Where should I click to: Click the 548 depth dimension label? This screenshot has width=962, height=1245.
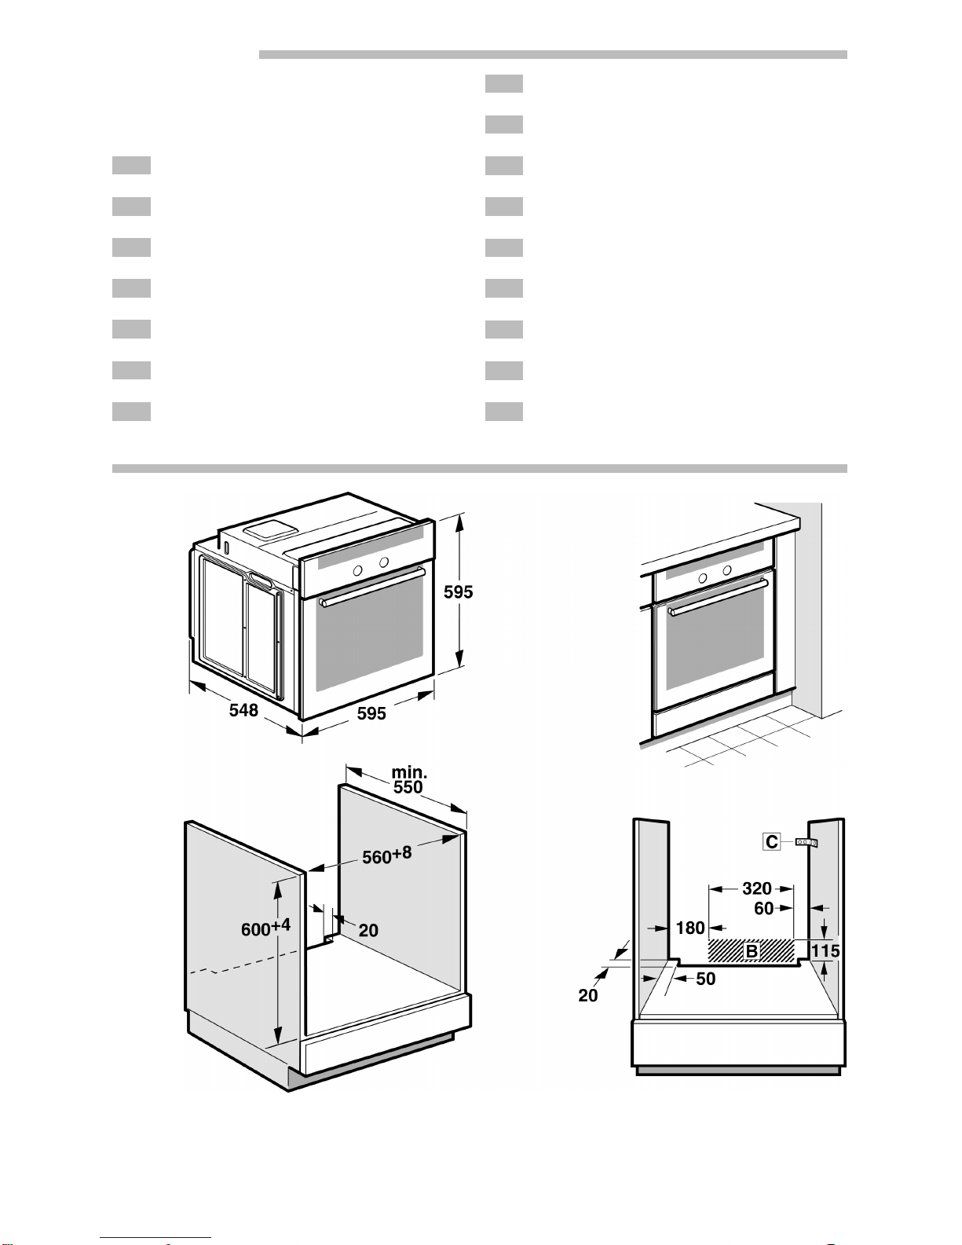coord(243,710)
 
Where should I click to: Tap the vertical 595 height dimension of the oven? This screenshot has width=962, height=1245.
coord(458,591)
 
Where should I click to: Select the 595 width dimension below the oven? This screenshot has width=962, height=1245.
coord(371,713)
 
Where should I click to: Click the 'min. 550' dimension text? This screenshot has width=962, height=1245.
coord(409,780)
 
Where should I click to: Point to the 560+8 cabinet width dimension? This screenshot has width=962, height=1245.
coord(387,855)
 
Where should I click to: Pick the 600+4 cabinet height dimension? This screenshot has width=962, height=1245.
coord(265,927)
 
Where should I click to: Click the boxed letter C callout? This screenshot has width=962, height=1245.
coord(772,841)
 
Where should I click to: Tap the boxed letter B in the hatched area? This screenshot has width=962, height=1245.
coord(752,952)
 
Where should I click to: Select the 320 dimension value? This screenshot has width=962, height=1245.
coord(757,888)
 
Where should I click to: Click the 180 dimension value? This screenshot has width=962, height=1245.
coord(690,928)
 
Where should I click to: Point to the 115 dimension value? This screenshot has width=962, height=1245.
coord(825,951)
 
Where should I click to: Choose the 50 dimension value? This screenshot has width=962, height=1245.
coord(706,979)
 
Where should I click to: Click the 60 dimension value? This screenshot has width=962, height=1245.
coord(764,908)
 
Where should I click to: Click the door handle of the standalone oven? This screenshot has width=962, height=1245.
coord(372,586)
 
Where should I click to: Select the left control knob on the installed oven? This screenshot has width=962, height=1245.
coord(703,578)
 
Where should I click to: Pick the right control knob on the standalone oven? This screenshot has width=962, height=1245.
coord(384,562)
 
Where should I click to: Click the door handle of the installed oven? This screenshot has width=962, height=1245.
coord(719,596)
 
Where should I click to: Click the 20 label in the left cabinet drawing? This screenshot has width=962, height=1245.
coord(368,931)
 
